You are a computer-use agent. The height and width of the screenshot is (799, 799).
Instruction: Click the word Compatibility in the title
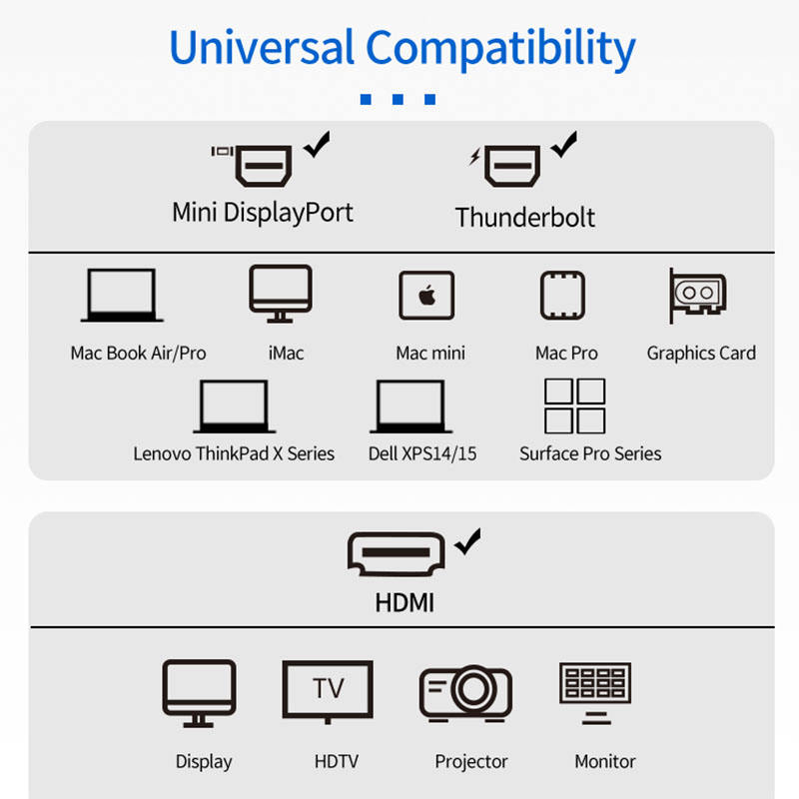(500, 49)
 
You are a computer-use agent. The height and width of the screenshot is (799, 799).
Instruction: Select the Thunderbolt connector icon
(512, 166)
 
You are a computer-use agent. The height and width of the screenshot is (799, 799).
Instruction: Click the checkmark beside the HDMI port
(466, 542)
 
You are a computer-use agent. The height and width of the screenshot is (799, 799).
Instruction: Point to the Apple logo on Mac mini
(427, 297)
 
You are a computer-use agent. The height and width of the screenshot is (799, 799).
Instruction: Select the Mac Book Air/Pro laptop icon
(122, 296)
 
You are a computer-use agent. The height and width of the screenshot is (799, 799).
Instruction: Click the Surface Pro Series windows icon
(574, 405)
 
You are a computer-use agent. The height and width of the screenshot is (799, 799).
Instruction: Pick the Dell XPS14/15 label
(422, 453)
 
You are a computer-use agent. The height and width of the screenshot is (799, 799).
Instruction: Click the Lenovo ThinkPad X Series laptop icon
(234, 406)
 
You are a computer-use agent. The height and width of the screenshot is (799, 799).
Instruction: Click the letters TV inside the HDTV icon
(328, 688)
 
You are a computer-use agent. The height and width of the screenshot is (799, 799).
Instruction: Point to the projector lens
(470, 689)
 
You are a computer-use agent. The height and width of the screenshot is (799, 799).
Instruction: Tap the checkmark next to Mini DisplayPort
(319, 146)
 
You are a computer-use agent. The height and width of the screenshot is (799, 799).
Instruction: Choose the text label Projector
(471, 762)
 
